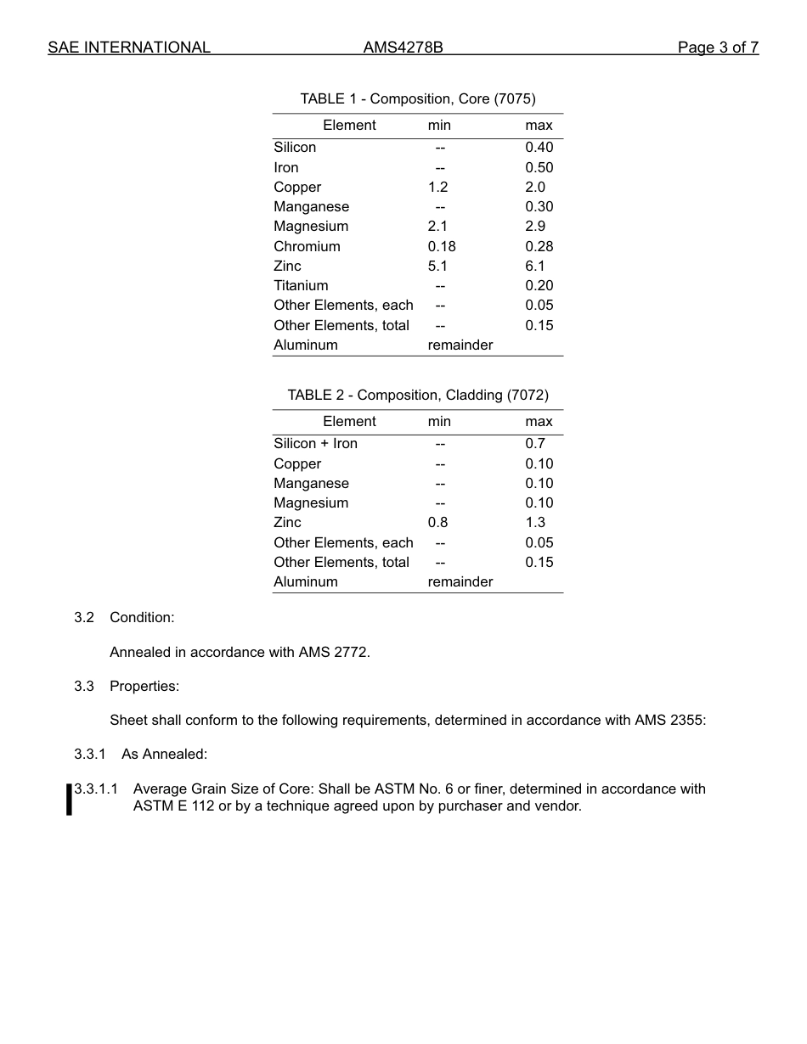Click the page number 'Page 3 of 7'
point(718,48)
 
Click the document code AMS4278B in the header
point(403,48)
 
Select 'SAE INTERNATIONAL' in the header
point(128,48)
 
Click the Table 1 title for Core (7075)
point(418,98)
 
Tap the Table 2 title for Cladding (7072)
point(418,395)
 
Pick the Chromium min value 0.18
point(442,246)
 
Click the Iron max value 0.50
point(539,167)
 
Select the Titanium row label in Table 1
point(301,285)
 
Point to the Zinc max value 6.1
point(535,266)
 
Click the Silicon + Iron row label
point(315,443)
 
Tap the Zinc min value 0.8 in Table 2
point(437,522)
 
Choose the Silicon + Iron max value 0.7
point(535,443)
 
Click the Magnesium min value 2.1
point(437,226)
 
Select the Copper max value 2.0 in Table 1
point(535,187)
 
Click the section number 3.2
point(84,617)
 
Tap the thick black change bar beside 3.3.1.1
point(69,800)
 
